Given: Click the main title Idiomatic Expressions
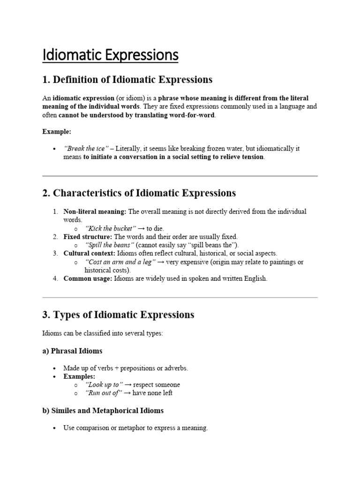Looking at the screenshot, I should pyautogui.click(x=110, y=55).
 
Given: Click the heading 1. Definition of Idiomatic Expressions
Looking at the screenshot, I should pyautogui.click(x=127, y=80).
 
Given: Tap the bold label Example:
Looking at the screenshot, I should pyautogui.click(x=56, y=132).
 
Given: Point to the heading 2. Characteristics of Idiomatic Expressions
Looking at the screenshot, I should pyautogui.click(x=139, y=193).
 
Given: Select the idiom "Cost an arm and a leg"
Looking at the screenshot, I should pyautogui.click(x=119, y=262).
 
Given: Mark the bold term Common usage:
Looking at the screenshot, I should pyautogui.click(x=88, y=279).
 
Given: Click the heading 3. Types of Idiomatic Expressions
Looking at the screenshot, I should pyautogui.click(x=118, y=315).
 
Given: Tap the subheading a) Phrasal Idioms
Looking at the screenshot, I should pyautogui.click(x=72, y=351).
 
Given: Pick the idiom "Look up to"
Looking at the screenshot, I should pyautogui.click(x=102, y=385).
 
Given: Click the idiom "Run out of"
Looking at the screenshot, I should pyautogui.click(x=103, y=393).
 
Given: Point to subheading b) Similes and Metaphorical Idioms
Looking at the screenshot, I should pyautogui.click(x=103, y=411).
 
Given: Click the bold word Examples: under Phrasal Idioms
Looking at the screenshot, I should pyautogui.click(x=79, y=376).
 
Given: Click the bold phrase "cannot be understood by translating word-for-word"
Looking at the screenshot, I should pyautogui.click(x=137, y=115).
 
